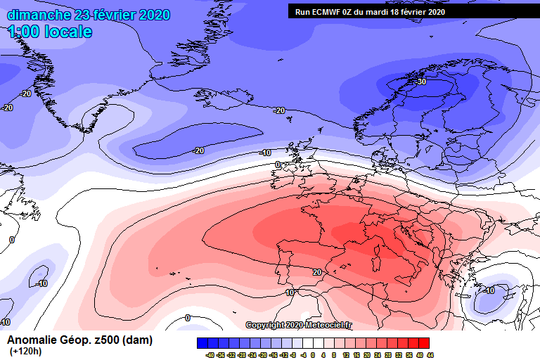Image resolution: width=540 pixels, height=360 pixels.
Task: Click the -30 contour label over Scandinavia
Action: coord(421,82)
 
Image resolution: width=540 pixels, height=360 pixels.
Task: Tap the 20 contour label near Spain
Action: coord(317,272)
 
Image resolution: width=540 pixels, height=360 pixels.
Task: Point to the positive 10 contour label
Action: coord(289,292)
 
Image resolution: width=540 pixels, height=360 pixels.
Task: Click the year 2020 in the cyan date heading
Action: coord(150,15)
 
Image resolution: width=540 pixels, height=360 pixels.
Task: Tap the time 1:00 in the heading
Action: coord(22,32)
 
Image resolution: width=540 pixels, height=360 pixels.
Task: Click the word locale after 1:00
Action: coord(66,32)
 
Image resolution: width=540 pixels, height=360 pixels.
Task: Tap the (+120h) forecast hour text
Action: coord(25,352)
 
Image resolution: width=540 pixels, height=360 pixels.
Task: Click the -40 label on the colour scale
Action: coord(210,355)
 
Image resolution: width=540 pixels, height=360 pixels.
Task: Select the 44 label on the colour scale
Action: coord(430,355)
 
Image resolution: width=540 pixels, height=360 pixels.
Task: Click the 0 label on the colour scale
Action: coord(314,355)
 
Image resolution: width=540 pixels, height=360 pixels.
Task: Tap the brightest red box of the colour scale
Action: coord(424,343)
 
